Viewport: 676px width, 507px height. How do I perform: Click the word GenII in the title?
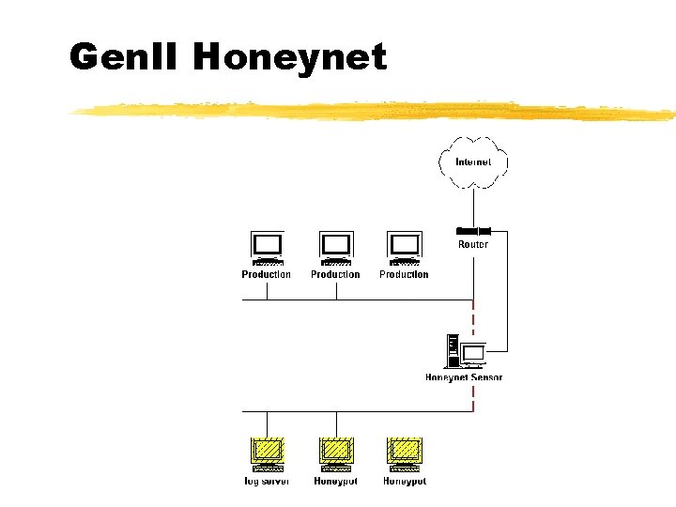126,57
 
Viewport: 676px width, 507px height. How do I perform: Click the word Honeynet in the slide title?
289,57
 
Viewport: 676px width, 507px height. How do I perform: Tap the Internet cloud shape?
473,161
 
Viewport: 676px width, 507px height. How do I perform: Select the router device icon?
473,230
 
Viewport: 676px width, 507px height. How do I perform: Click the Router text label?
473,245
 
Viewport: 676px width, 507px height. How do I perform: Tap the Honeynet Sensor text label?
464,377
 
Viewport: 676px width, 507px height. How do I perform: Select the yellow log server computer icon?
268,454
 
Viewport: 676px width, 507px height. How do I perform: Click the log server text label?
267,482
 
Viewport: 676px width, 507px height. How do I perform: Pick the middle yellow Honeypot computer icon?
335,454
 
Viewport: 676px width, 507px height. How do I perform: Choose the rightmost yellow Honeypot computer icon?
404,454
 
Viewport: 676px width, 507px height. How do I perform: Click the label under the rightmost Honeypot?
404,482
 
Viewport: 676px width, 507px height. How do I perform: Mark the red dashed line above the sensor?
473,316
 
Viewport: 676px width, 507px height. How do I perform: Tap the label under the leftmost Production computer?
267,275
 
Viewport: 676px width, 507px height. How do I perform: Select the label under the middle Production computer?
335,275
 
